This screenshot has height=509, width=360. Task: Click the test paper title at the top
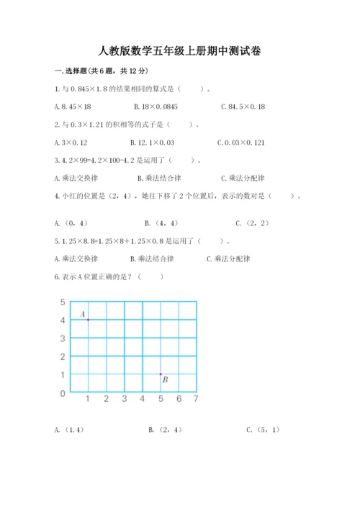point(179,51)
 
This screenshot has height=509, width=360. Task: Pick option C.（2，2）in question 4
point(252,223)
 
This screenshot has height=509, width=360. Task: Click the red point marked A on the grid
point(88,319)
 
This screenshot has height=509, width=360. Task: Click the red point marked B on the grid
point(161,374)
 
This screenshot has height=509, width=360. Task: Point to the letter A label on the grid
point(82,314)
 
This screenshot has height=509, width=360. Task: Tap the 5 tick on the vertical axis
point(63,302)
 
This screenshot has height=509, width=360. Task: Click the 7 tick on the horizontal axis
point(196,399)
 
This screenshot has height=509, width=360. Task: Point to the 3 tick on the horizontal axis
point(124,399)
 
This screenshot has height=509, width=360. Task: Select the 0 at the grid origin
point(63,394)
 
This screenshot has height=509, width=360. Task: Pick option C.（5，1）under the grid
point(262,430)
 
